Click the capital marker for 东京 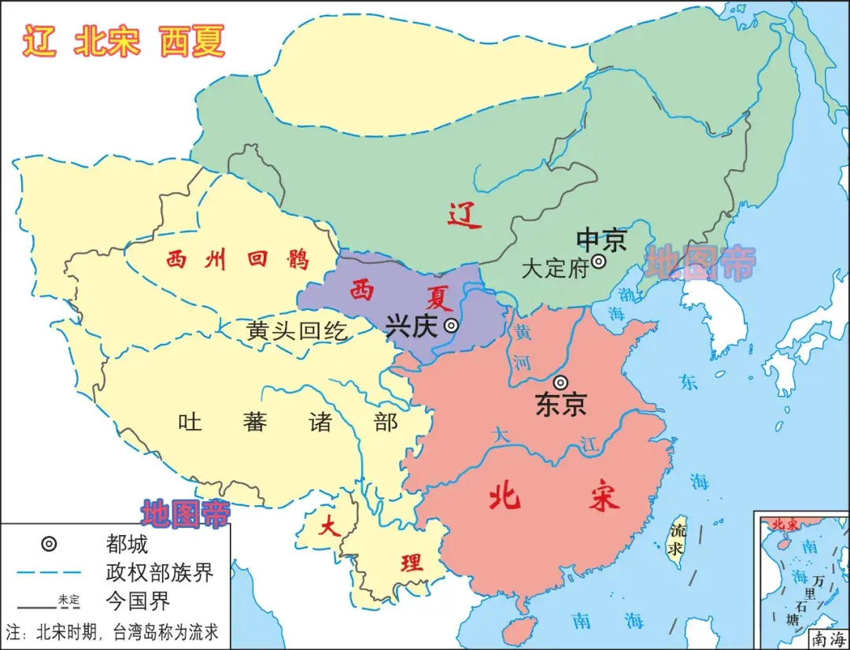click(x=560, y=382)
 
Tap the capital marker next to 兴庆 click(x=451, y=325)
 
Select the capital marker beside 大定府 click(x=599, y=261)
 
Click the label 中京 click(x=601, y=239)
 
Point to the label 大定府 click(x=555, y=268)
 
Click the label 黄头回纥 click(x=297, y=331)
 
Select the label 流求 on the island click(x=676, y=539)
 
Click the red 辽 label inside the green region click(x=464, y=215)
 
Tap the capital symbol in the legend click(x=49, y=544)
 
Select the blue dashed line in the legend click(x=49, y=572)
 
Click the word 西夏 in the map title click(x=192, y=41)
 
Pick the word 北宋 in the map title click(x=107, y=41)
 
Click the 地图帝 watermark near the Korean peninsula click(x=700, y=263)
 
